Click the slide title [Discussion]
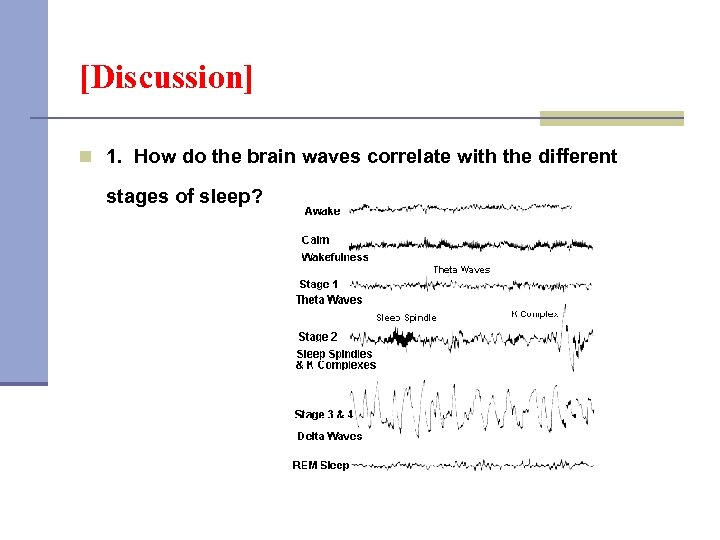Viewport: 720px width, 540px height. tap(166, 78)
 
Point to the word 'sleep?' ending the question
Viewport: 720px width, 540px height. tap(231, 196)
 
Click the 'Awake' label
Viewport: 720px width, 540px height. tap(322, 211)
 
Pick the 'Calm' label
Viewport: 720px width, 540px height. tap(316, 240)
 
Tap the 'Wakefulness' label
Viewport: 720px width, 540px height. tap(335, 257)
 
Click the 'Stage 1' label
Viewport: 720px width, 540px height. tap(319, 284)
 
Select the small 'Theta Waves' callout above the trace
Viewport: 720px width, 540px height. tap(461, 270)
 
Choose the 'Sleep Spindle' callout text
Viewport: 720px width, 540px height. tap(406, 318)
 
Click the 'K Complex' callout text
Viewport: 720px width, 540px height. tap(535, 314)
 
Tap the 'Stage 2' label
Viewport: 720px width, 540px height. tap(318, 337)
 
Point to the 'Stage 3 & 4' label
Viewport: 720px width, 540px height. tap(323, 414)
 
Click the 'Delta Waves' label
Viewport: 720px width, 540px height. tap(329, 436)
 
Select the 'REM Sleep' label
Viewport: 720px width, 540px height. tap(320, 465)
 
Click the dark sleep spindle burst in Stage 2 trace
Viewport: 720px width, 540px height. tap(402, 339)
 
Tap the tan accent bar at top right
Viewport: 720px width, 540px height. tap(611, 118)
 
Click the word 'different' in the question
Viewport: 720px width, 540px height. tap(574, 157)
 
